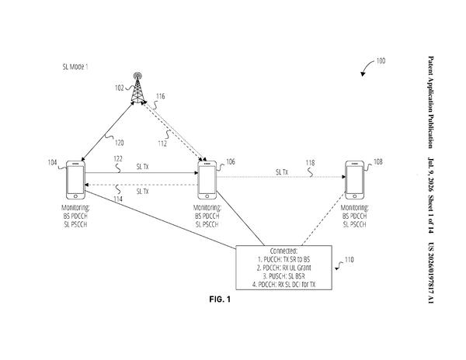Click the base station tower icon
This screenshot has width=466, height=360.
137,88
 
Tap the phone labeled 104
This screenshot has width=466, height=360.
75,180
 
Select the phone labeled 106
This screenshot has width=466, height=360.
207,180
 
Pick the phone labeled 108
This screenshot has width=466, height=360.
354,180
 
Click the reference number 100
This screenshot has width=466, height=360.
381,61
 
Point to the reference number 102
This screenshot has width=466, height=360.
119,88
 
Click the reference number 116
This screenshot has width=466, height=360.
161,96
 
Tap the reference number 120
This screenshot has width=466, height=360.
119,143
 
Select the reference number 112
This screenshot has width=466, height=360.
162,144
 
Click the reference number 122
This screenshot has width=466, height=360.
118,159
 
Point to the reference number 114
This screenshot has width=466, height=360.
118,199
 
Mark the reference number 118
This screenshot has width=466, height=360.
310,163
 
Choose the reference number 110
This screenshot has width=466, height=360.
349,260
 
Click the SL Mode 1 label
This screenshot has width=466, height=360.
75,67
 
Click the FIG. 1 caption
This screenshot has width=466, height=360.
220,299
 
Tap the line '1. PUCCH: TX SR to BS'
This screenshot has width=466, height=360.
283,259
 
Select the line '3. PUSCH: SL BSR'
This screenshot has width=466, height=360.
283,276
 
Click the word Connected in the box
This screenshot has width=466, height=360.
283,251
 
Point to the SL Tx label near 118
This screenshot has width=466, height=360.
282,172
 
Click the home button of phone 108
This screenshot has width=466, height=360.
354,196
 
